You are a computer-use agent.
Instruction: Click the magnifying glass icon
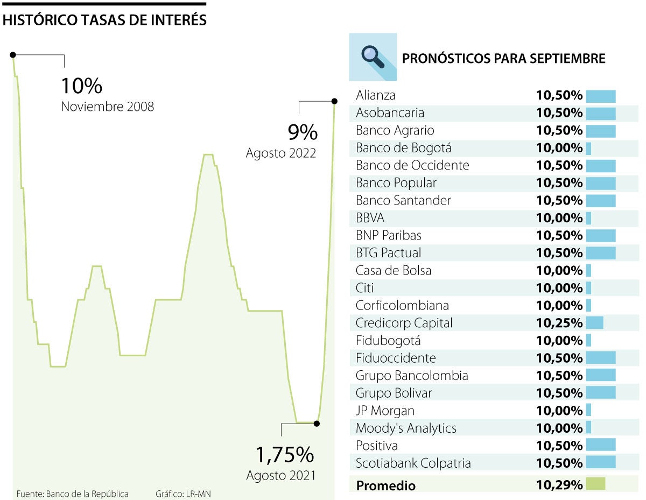[373, 57]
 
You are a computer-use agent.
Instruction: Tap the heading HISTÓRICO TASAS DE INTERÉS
[104, 20]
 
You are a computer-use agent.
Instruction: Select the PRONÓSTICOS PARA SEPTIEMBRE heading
[503, 58]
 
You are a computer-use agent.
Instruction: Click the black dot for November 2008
[13, 54]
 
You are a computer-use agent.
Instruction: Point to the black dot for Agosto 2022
[334, 101]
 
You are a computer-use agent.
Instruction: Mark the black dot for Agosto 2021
[317, 424]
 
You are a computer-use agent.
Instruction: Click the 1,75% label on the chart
[284, 455]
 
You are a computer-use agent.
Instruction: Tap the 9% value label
[302, 132]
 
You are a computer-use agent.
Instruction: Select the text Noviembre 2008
[107, 107]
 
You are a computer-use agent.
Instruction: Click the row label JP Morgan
[385, 411]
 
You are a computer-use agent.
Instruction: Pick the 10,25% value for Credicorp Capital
[559, 323]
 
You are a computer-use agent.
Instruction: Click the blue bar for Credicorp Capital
[594, 323]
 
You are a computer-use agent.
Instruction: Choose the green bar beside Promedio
[595, 484]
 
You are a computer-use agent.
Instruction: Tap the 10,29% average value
[559, 485]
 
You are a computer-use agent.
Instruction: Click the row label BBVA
[370, 218]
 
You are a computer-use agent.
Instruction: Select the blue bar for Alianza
[600, 96]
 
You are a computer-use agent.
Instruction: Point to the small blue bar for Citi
[588, 288]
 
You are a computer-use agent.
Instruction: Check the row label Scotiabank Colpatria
[413, 463]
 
